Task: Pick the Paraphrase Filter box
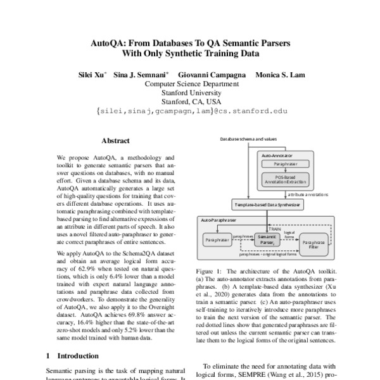coord(315,243)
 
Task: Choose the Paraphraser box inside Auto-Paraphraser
coord(217,240)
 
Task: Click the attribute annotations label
coord(308,194)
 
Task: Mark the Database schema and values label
coord(249,138)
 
